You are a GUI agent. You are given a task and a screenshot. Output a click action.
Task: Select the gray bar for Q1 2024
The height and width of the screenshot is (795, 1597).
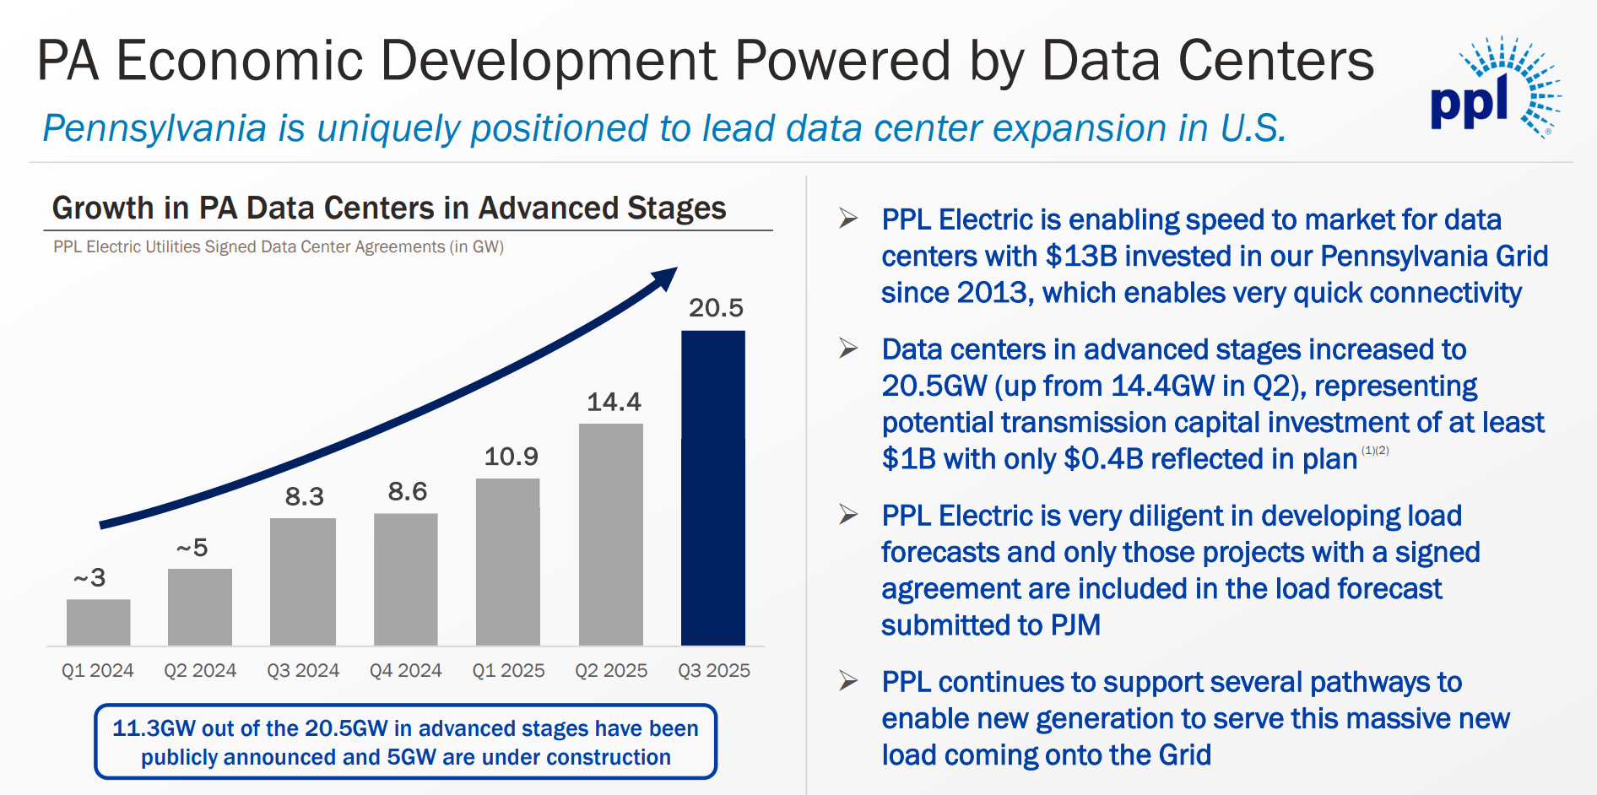click(x=99, y=623)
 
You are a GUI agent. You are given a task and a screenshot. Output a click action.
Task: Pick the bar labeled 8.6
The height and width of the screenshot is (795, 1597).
click(x=406, y=580)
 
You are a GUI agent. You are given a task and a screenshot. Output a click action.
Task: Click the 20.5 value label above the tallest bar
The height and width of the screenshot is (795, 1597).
click(x=716, y=308)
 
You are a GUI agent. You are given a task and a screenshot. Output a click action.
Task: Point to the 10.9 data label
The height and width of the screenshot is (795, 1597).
click(x=511, y=457)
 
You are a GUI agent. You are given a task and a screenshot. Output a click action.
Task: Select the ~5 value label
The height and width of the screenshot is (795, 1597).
click(x=192, y=548)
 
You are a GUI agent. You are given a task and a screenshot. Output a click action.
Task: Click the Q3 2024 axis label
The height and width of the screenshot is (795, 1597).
click(x=303, y=670)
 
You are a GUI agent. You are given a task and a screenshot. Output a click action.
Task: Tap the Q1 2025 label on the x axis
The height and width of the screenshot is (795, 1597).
click(x=508, y=670)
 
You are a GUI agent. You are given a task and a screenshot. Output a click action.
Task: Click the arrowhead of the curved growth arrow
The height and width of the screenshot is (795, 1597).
click(x=666, y=278)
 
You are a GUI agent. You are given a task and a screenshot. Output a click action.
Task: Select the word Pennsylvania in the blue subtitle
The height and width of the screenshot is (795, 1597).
click(x=154, y=128)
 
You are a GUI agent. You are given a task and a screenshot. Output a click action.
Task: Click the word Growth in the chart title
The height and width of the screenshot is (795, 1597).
click(x=103, y=208)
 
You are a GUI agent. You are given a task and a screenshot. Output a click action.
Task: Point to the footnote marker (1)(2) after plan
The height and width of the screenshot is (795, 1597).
click(x=1375, y=451)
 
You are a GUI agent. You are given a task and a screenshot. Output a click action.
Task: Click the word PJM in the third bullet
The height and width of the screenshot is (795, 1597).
click(x=1075, y=625)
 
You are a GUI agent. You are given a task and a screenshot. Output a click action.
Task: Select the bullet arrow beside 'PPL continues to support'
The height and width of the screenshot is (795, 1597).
click(x=848, y=680)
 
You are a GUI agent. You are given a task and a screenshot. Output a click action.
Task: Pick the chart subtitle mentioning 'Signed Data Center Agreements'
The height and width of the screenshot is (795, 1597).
click(x=279, y=247)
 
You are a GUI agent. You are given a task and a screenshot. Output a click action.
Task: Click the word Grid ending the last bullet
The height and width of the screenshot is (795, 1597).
click(x=1184, y=754)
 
